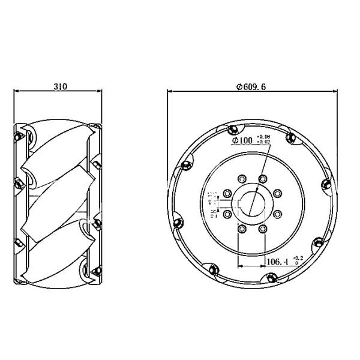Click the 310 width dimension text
(59, 86)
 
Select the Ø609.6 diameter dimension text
(251, 86)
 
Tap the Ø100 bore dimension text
(242, 141)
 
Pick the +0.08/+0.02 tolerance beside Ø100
(263, 141)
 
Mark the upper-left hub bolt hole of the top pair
(241, 179)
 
